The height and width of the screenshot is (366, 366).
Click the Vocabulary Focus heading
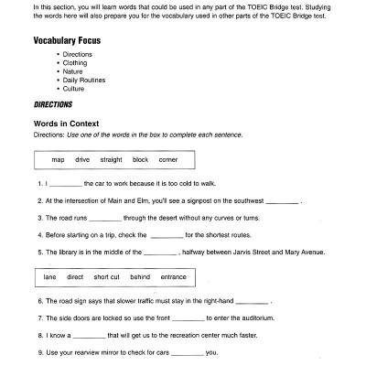click(67, 41)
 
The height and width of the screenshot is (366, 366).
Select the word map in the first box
click(58, 159)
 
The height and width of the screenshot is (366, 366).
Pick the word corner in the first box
click(167, 159)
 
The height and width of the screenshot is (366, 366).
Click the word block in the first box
click(141, 159)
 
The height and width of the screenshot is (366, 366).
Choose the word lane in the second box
click(48, 275)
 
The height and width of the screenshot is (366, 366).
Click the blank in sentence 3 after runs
click(106, 219)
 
